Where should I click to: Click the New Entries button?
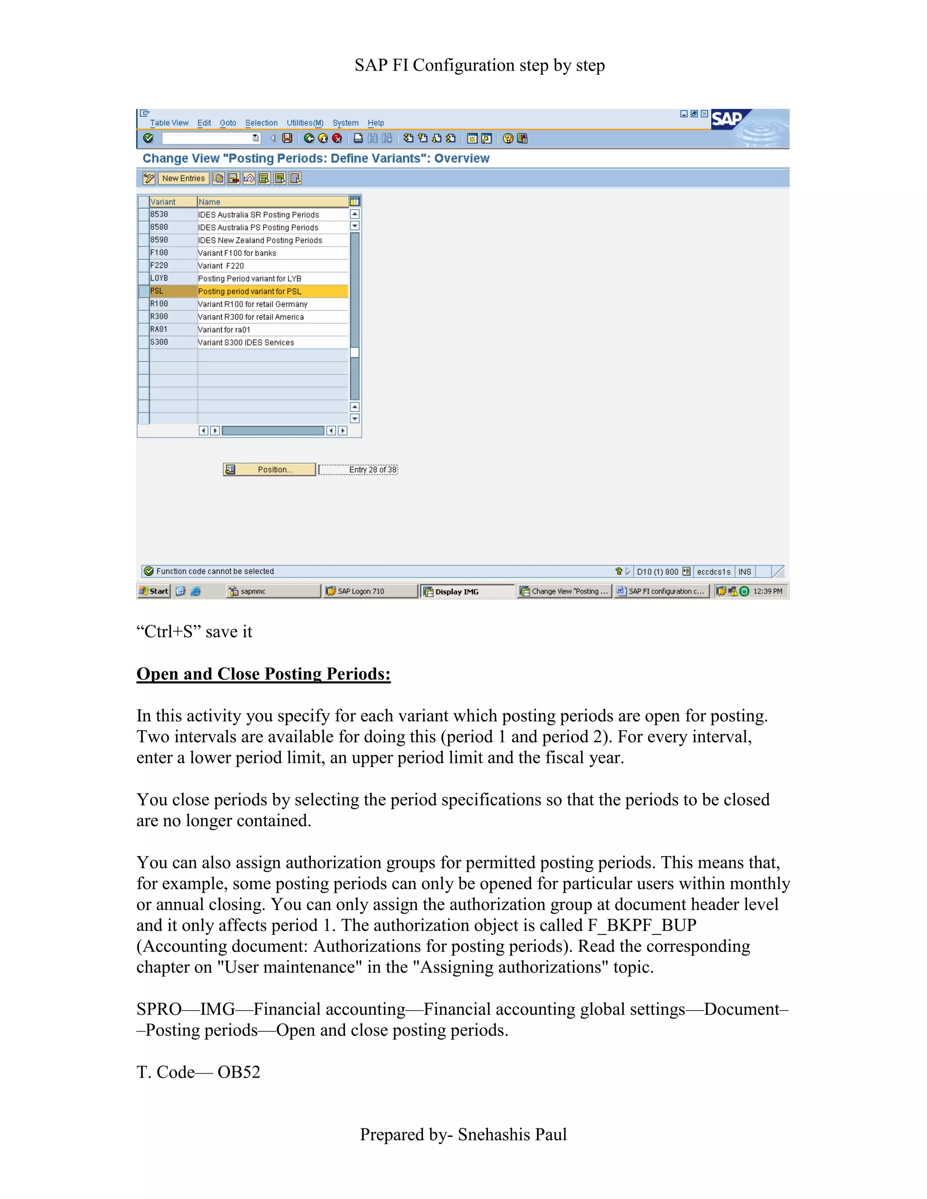click(x=183, y=178)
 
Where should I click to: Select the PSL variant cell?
click(x=172, y=291)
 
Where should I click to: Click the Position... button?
click(x=269, y=469)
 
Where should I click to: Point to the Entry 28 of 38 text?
click(x=373, y=469)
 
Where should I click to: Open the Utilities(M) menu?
click(x=305, y=123)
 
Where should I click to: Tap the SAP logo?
click(x=726, y=119)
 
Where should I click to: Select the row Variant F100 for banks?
click(x=237, y=253)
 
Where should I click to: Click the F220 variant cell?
click(x=172, y=266)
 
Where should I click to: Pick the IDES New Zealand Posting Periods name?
click(x=260, y=240)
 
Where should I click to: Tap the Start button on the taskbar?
click(x=154, y=591)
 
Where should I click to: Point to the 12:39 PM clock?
click(x=767, y=591)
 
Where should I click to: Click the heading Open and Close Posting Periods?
click(x=263, y=674)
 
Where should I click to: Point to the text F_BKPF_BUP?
click(x=641, y=925)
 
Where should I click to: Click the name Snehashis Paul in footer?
click(x=512, y=1134)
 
